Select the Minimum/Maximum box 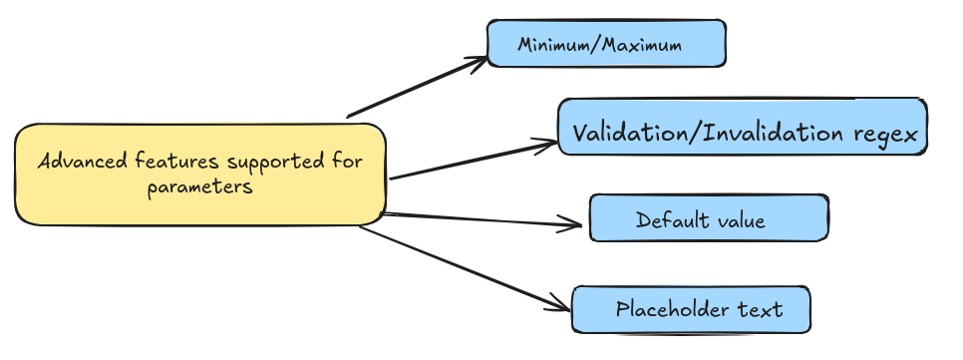click(x=605, y=44)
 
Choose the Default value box click(x=708, y=218)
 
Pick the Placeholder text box click(x=690, y=309)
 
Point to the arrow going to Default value click(x=479, y=218)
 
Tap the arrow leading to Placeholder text click(x=459, y=266)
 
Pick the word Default click(x=667, y=219)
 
